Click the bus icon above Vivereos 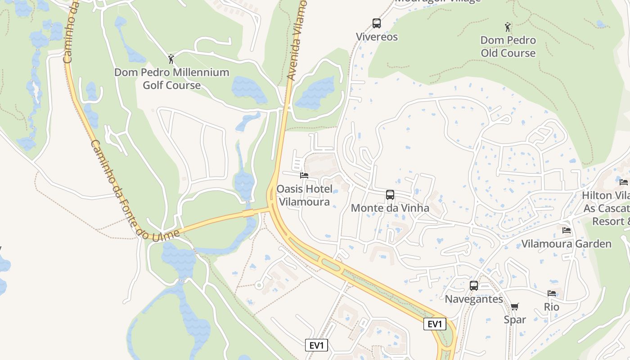[x=377, y=23]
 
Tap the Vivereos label [x=377, y=37]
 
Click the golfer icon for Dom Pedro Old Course [x=508, y=27]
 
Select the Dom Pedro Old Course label [x=508, y=47]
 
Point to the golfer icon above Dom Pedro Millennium [x=171, y=59]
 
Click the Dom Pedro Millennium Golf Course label [x=171, y=79]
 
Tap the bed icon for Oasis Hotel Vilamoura [x=304, y=175]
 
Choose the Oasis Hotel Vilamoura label [x=304, y=195]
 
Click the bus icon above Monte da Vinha [x=390, y=195]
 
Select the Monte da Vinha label [x=390, y=208]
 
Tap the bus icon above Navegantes [x=474, y=285]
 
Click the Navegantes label [x=474, y=299]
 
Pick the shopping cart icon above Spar [x=515, y=306]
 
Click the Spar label [x=515, y=320]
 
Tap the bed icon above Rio [x=552, y=293]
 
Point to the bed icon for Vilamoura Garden [x=567, y=230]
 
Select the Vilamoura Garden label [x=567, y=244]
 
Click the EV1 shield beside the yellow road [x=435, y=324]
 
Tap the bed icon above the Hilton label [x=623, y=182]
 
